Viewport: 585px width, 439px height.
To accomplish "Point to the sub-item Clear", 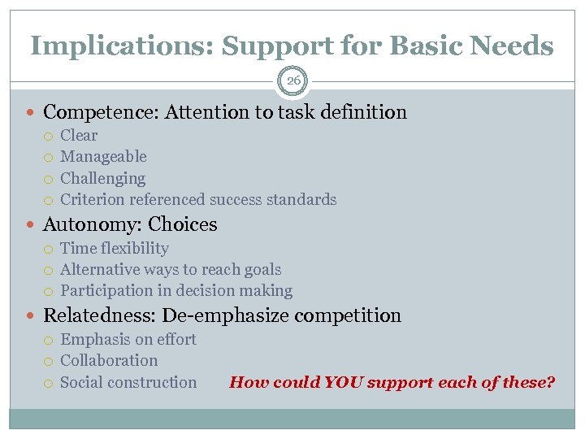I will click(x=79, y=136).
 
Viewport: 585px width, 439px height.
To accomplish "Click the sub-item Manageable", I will click(x=103, y=157).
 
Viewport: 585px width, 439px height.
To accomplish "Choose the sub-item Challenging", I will click(x=102, y=178).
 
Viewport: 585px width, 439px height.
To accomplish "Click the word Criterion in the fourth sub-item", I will click(x=91, y=199).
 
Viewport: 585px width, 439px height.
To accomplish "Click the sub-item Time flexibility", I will click(x=115, y=248).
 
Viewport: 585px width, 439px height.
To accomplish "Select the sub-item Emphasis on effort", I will click(x=128, y=339).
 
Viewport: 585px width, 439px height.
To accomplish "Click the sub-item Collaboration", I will click(x=109, y=360).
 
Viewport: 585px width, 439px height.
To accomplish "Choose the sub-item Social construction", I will click(x=128, y=382).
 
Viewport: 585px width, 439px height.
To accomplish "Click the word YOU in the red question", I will click(x=346, y=382).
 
